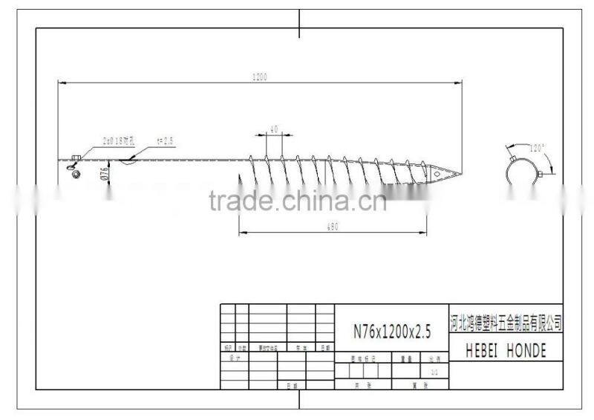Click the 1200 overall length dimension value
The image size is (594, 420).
coord(259,76)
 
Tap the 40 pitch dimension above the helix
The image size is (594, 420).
coord(273,129)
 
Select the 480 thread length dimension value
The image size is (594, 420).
coord(333,227)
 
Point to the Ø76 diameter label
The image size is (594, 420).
coord(105,173)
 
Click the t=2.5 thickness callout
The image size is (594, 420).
coord(165,140)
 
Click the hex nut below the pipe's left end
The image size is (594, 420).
coord(75,172)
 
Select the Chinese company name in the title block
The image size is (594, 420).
coord(506,323)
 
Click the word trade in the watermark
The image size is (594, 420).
coord(235,200)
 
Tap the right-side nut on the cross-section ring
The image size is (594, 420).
coord(547,174)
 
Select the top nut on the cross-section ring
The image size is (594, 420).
coord(513,158)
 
